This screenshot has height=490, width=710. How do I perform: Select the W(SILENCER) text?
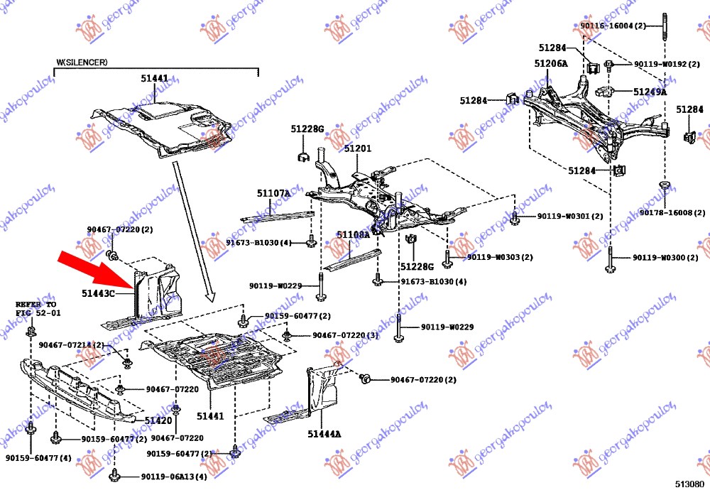82,62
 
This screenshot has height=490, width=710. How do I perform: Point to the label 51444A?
324,434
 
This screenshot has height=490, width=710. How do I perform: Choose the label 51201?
358,148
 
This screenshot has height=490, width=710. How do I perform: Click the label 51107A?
273,192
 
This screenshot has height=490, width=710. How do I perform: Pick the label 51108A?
353,234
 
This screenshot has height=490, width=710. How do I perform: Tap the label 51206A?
551,63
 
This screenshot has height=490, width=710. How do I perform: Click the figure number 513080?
689,483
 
